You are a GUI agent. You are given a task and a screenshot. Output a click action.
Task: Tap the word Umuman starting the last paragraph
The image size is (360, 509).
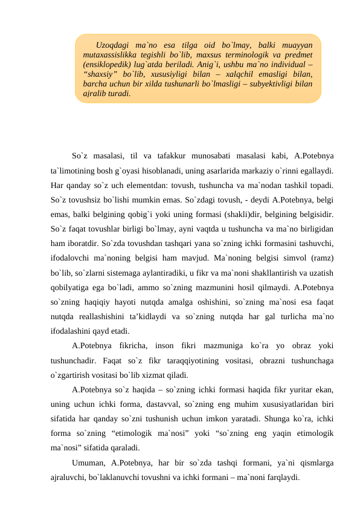(88, 462)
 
